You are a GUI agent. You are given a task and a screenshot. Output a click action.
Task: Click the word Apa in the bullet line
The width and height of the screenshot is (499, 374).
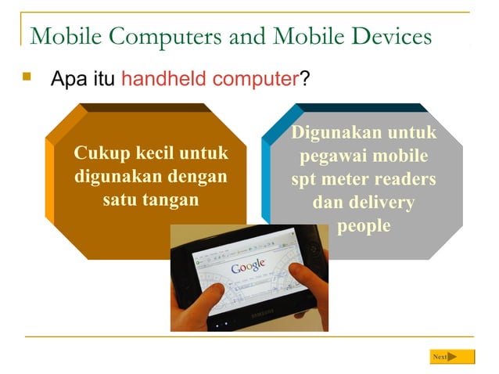tap(66, 79)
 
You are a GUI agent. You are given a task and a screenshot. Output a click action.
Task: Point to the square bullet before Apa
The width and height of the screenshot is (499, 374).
tap(29, 77)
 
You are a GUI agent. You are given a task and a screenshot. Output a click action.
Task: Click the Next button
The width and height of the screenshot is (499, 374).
tap(452, 357)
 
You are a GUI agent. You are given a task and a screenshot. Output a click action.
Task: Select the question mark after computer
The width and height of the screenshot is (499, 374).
tap(305, 79)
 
